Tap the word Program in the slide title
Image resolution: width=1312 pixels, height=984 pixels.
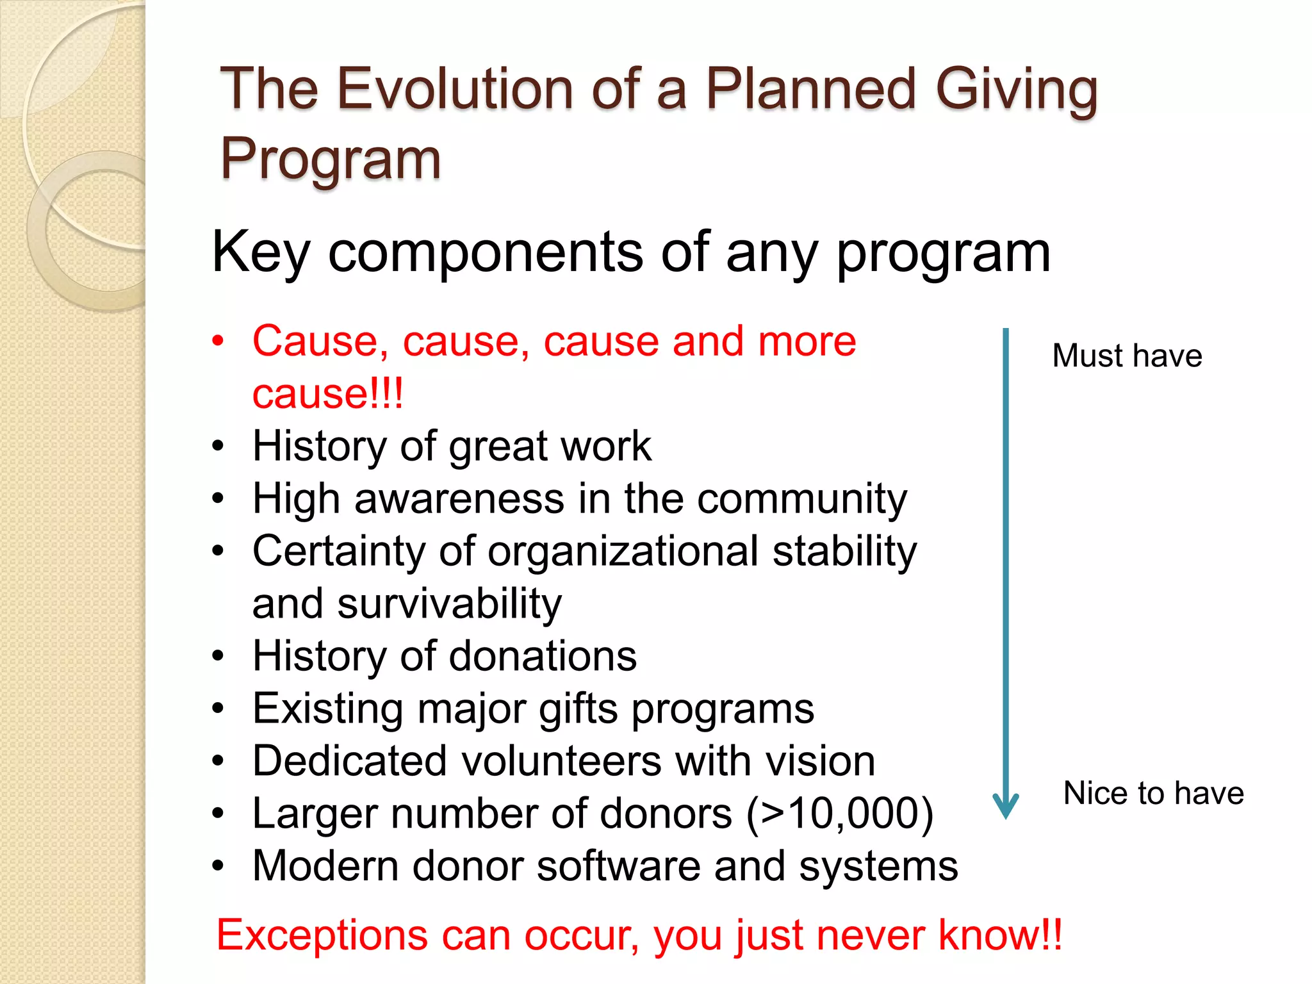331,159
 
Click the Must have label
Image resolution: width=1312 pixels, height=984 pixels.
1127,356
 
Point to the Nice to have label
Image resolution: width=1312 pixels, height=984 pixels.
1153,793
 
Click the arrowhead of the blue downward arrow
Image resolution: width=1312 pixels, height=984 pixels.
1005,807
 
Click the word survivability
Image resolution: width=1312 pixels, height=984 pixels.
449,604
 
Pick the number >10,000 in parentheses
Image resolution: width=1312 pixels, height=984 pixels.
840,814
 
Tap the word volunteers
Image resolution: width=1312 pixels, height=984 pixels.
561,761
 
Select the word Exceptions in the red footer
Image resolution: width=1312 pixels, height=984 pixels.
321,935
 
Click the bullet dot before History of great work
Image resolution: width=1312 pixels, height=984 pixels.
218,447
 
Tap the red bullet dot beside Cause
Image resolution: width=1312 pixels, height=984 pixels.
218,341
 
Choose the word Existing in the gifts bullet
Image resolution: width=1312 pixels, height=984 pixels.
327,709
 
